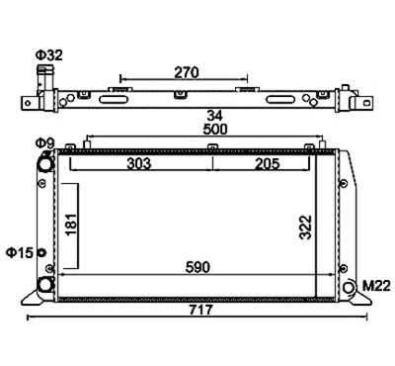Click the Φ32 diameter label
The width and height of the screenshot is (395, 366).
point(49,55)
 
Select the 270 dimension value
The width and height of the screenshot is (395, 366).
point(187,72)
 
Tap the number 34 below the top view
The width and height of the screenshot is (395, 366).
point(214,116)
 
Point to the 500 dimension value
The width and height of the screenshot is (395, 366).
point(215,129)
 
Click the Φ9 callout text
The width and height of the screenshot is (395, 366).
point(45,143)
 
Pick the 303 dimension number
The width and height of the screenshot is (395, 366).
point(139,163)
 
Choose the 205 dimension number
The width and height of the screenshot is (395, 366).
point(268,163)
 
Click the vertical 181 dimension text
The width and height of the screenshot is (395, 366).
point(71,225)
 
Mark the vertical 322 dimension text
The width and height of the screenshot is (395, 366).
point(305,228)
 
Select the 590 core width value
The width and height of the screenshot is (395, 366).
point(197,267)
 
